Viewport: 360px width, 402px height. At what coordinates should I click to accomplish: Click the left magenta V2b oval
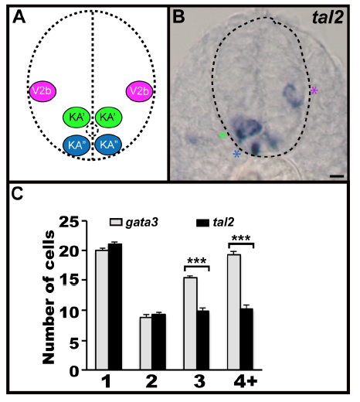(42, 91)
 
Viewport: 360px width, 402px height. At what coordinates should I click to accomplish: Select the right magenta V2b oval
(139, 91)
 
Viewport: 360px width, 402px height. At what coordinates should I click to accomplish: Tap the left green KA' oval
(76, 118)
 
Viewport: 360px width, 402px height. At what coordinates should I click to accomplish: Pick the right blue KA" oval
(108, 145)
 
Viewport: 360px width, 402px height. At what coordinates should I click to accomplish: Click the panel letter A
(19, 18)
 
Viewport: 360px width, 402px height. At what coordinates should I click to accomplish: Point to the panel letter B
(179, 17)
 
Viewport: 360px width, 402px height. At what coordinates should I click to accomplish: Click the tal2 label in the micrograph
(328, 18)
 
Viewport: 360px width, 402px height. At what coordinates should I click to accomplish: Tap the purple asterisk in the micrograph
(314, 90)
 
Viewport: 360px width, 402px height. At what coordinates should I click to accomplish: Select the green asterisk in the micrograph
(223, 135)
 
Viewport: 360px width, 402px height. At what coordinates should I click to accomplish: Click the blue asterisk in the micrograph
(236, 154)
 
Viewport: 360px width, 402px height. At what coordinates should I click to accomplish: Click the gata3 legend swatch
(116, 222)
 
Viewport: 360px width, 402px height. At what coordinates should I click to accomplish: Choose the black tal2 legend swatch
(202, 223)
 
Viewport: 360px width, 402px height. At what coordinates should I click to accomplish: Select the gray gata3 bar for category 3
(191, 324)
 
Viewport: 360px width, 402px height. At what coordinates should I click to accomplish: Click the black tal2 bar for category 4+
(246, 339)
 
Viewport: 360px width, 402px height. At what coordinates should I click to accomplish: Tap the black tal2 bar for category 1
(115, 307)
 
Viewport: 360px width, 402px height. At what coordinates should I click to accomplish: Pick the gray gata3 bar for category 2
(146, 343)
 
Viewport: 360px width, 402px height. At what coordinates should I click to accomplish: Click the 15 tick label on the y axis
(69, 280)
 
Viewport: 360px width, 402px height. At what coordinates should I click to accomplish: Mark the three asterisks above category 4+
(241, 238)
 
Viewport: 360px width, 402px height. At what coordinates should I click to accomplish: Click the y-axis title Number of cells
(49, 298)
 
